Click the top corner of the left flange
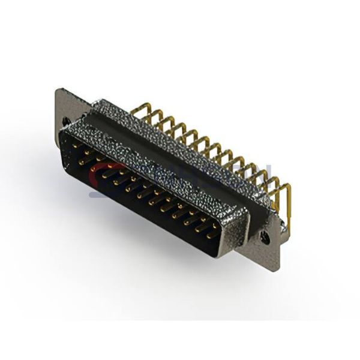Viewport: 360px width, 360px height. (x=58, y=90)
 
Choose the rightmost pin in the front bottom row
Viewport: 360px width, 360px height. (x=209, y=236)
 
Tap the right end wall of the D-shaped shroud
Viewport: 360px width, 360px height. (x=240, y=231)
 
